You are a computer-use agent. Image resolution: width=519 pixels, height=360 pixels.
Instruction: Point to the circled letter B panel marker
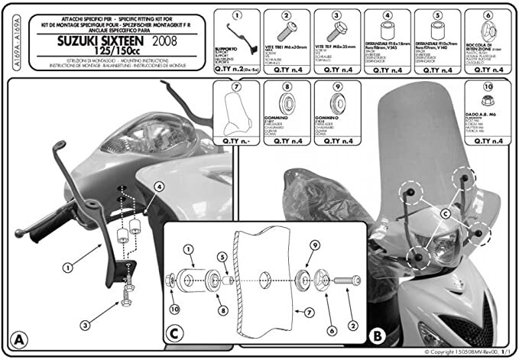coord(376,335)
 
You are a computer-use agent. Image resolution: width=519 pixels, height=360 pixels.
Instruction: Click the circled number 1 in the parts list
coord(237,15)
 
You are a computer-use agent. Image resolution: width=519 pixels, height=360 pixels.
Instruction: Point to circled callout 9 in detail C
coord(313,244)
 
